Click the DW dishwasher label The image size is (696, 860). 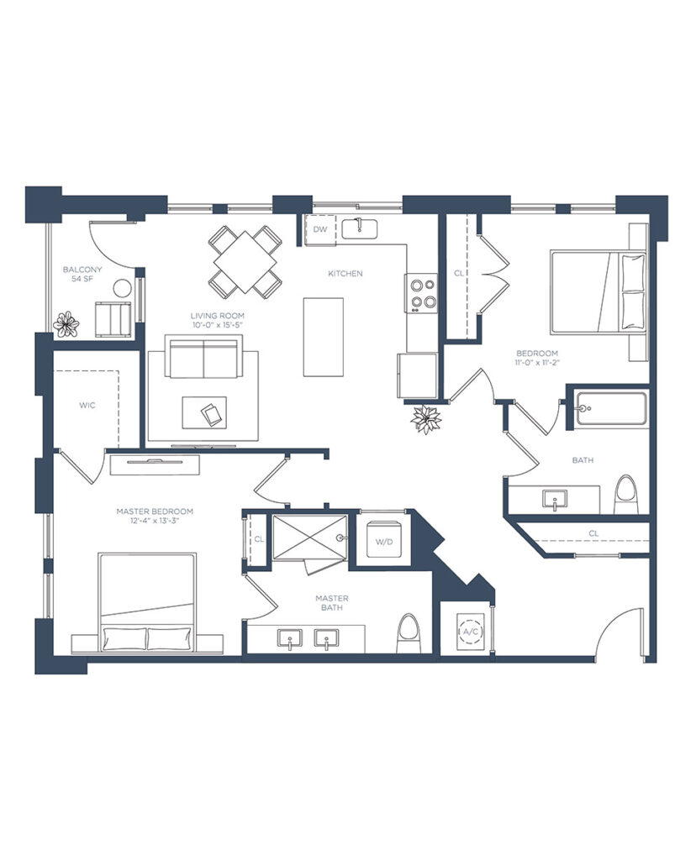pos(320,229)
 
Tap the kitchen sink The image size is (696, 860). pos(360,228)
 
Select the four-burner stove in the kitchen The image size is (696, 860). pos(422,293)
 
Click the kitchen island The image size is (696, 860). pos(324,338)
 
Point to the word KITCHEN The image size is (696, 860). pos(345,273)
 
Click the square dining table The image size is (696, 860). pos(245,261)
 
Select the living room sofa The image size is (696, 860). pos(203,358)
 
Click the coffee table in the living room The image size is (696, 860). pos(204,412)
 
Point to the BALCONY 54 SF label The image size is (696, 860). pos(82,275)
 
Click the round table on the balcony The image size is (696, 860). pos(122,288)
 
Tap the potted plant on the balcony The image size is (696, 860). pos(66,323)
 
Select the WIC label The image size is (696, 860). pos(87,406)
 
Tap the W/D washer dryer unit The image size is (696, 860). pos(384,539)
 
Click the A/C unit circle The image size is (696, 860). pos(471,632)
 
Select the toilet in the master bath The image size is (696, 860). pos(408,633)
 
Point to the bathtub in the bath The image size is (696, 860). pos(611,408)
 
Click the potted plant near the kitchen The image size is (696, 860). pos(426,419)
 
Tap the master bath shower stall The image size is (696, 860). pos(310,537)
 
